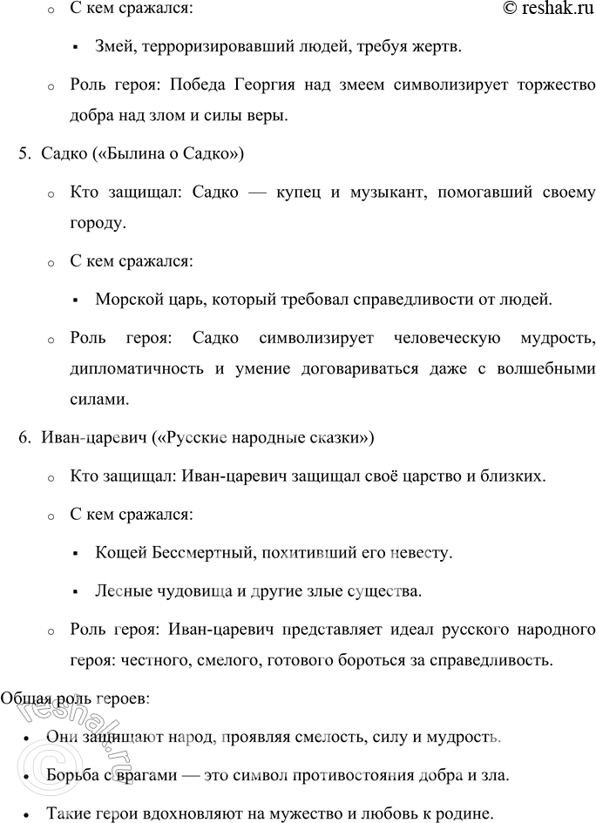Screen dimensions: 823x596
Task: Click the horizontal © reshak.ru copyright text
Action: (543, 10)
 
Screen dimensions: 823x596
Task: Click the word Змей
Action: (115, 47)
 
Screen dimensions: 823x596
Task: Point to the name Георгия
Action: (268, 86)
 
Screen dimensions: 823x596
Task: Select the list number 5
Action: (24, 154)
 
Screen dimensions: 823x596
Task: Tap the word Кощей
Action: (118, 553)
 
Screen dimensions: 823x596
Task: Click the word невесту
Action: (421, 553)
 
